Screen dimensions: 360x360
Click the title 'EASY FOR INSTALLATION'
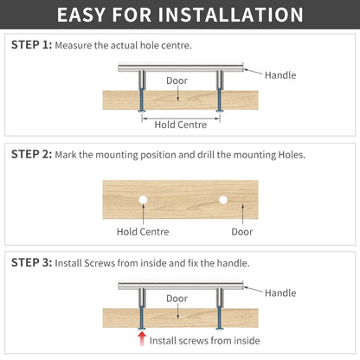pyautogui.click(x=180, y=15)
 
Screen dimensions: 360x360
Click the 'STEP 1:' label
pyautogui.click(x=31, y=45)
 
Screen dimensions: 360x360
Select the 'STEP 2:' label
pyautogui.click(x=31, y=154)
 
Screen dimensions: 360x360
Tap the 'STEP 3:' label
pyautogui.click(x=31, y=263)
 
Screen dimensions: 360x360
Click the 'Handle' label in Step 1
pyautogui.click(x=280, y=75)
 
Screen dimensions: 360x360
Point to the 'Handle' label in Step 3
pyautogui.click(x=280, y=293)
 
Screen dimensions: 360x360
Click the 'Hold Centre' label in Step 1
pyautogui.click(x=181, y=125)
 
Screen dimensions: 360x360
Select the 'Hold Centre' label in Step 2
pyautogui.click(x=143, y=232)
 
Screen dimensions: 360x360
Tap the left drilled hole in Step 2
pyautogui.click(x=143, y=200)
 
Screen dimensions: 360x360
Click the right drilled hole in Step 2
pyautogui.click(x=222, y=200)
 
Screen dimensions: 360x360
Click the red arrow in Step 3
pyautogui.click(x=142, y=338)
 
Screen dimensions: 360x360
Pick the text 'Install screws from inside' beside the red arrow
pyautogui.click(x=204, y=341)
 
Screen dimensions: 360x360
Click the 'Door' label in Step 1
pyautogui.click(x=177, y=80)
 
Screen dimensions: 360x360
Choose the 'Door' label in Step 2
pyautogui.click(x=242, y=232)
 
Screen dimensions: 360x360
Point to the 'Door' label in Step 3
pyautogui.click(x=177, y=299)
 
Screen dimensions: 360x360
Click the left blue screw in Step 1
pyautogui.click(x=142, y=100)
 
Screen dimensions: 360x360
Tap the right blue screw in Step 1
pyautogui.click(x=220, y=100)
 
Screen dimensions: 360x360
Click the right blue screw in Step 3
pyautogui.click(x=220, y=318)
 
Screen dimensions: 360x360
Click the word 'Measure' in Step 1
pyautogui.click(x=74, y=45)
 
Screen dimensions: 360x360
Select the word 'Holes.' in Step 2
pyautogui.click(x=292, y=155)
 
